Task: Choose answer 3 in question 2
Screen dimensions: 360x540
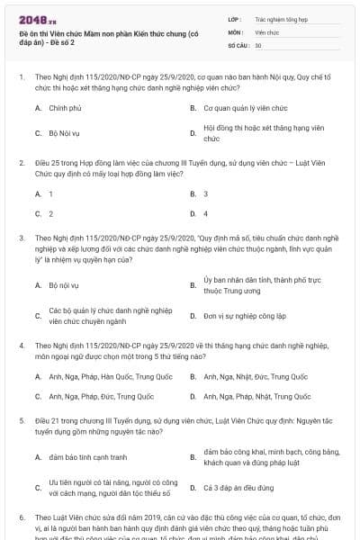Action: (206, 193)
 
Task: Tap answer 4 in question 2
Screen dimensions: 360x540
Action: (206, 213)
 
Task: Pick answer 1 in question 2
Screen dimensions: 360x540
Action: (50, 193)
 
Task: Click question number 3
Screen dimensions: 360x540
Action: (21, 238)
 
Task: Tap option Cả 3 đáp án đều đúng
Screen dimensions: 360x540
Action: (238, 487)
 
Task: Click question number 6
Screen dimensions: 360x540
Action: (21, 518)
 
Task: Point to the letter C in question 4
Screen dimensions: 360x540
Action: (38, 396)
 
